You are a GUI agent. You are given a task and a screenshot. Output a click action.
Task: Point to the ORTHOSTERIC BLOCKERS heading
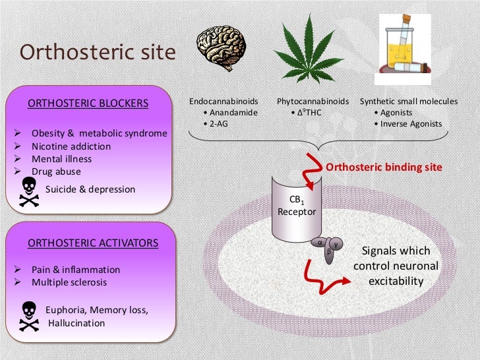click(87, 104)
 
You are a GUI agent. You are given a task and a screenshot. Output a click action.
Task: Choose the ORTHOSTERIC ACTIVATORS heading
click(92, 243)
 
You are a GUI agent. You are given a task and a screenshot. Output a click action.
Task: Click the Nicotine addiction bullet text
click(71, 146)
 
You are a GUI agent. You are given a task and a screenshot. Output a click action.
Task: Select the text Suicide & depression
click(90, 189)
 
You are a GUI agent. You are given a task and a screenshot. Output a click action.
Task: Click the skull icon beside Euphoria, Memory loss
click(28, 316)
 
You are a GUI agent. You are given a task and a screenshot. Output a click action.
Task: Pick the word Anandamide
click(233, 113)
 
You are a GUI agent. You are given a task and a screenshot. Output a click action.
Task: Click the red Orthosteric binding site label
click(384, 167)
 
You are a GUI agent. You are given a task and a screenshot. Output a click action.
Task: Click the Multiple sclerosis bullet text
click(69, 283)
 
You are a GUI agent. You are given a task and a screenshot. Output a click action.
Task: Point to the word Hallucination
click(76, 323)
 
